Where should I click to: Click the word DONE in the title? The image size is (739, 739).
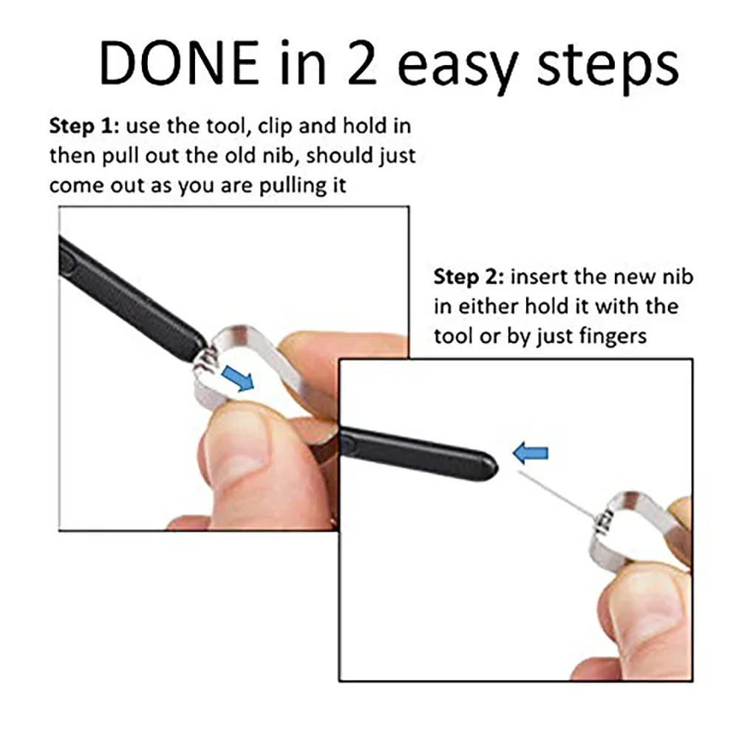(179, 62)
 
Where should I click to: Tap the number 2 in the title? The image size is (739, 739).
(362, 62)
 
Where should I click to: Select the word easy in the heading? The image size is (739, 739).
(456, 68)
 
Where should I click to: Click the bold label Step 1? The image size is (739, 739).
(84, 126)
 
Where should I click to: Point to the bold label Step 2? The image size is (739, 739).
(469, 277)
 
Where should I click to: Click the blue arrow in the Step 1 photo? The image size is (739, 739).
(237, 378)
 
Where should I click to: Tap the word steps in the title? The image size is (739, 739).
(608, 68)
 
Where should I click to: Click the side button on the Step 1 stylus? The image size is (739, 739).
(67, 261)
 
